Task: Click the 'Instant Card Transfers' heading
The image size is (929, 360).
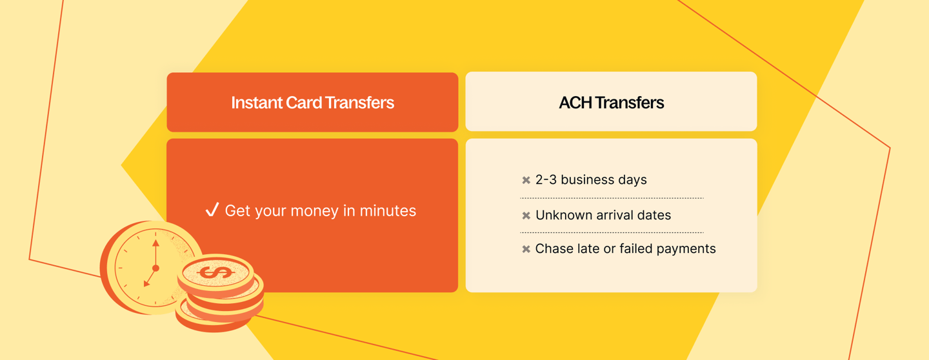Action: (x=312, y=103)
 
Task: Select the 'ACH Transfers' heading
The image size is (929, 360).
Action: (x=612, y=103)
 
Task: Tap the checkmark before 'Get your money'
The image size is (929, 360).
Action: (x=212, y=210)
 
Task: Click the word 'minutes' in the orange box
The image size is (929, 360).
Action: (x=388, y=211)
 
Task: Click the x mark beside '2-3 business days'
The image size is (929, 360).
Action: (x=526, y=180)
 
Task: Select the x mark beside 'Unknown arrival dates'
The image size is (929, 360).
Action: (x=526, y=215)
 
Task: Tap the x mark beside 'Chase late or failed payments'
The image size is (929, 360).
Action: (x=526, y=249)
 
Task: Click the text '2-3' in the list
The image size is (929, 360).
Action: (x=546, y=179)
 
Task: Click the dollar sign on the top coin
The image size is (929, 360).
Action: (x=215, y=272)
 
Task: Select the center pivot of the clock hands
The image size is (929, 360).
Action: (x=156, y=268)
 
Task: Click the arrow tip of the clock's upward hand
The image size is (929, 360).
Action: (x=155, y=241)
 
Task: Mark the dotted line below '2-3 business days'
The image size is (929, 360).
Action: (x=612, y=198)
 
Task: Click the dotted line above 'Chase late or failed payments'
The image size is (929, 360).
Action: (x=612, y=233)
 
